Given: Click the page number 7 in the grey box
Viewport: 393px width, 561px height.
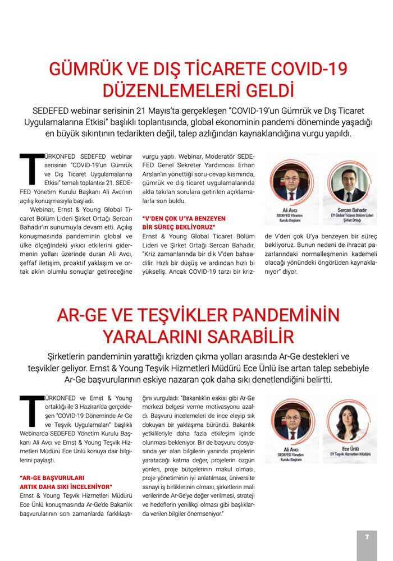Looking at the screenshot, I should point(367,537).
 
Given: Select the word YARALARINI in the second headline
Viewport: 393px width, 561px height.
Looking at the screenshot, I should point(149,337).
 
